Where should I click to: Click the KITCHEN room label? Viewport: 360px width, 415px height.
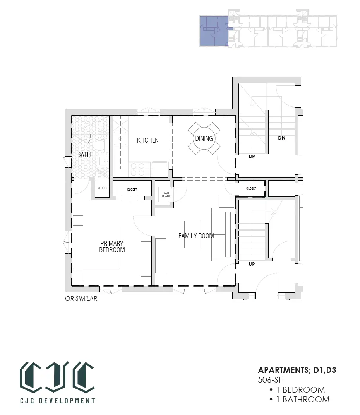147,140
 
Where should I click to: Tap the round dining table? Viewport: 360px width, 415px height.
204,138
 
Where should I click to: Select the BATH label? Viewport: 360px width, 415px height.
84,155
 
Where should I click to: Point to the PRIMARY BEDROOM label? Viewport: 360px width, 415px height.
112,246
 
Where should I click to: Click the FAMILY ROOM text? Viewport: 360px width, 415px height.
196,236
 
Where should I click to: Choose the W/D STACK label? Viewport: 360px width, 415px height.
166,195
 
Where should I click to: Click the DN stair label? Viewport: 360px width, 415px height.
281,138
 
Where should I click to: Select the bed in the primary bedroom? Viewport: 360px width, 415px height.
96,248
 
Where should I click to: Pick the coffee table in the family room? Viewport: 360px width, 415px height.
192,234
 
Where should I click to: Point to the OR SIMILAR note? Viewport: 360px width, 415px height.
81,298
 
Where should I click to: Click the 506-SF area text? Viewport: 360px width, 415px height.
270,379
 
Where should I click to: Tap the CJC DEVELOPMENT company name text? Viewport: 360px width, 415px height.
57,400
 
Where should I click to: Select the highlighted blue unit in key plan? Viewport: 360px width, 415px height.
214,31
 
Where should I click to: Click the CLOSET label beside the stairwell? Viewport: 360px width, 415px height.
251,188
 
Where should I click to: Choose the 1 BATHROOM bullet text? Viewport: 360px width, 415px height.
300,400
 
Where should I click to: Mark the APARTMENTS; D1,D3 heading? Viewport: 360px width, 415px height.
297,370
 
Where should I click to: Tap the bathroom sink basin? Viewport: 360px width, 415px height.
103,161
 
